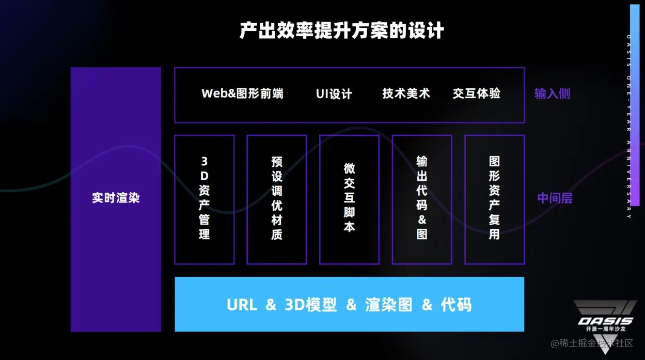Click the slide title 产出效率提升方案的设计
(x=341, y=30)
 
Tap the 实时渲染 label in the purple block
(x=116, y=198)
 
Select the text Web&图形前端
(x=242, y=93)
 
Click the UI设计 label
(x=334, y=94)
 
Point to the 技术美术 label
(x=406, y=93)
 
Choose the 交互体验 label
(x=476, y=93)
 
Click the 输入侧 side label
(x=552, y=94)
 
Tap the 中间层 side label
(x=555, y=198)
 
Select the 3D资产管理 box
(x=204, y=199)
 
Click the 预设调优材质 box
(x=277, y=199)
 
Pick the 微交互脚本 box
(x=349, y=199)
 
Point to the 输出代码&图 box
(x=422, y=199)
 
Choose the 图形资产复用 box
(x=494, y=199)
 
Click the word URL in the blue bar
(x=242, y=305)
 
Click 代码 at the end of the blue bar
(x=456, y=305)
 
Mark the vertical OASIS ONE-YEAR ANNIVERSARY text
(x=628, y=127)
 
